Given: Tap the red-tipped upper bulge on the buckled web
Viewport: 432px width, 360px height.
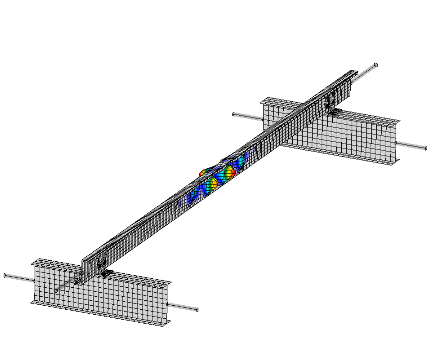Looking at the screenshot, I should [230, 173].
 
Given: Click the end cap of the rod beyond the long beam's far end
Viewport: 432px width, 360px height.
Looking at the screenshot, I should [376, 65].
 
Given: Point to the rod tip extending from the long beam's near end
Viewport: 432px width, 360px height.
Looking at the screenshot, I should [57, 291].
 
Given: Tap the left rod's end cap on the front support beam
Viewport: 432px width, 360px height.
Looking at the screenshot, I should [5, 275].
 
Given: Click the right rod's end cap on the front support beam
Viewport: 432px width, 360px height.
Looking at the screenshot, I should [197, 310].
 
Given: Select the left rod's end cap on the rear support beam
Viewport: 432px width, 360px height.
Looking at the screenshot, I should [233, 114].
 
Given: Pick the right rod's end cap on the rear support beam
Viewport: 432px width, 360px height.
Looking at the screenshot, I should [426, 148].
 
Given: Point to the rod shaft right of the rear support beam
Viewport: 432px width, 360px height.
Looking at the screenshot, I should [410, 145].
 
